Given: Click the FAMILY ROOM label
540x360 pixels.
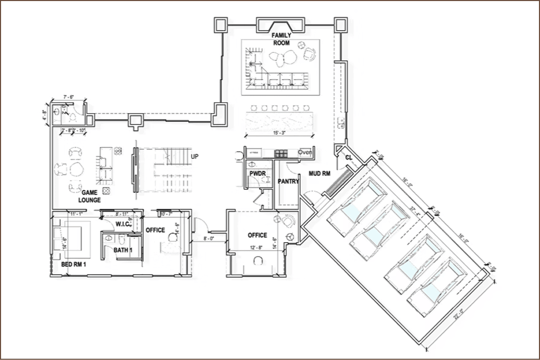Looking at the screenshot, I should [281, 39].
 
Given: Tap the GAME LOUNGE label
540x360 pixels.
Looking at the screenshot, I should [89, 196].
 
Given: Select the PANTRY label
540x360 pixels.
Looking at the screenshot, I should [288, 181].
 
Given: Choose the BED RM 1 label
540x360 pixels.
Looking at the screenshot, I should [73, 265].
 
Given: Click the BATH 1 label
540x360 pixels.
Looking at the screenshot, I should [124, 251].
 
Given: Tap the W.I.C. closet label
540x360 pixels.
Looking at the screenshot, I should [123, 224].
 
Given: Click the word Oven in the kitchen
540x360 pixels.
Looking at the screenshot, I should [305, 152].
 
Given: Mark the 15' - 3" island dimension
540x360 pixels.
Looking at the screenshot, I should [280, 133].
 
